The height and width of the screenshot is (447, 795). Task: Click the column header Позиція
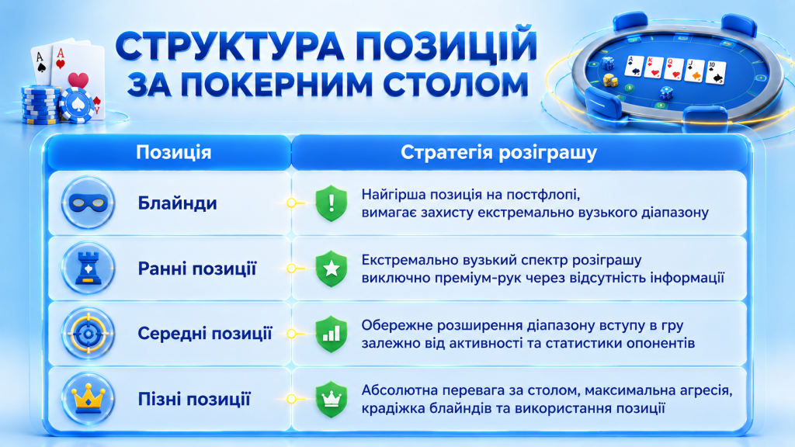pyautogui.click(x=173, y=153)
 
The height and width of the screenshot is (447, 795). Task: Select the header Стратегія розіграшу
pyautogui.click(x=499, y=153)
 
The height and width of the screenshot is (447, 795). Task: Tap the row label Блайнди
pyautogui.click(x=178, y=203)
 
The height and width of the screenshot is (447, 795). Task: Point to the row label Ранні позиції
pyautogui.click(x=196, y=269)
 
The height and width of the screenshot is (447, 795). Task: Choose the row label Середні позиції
pyautogui.click(x=205, y=334)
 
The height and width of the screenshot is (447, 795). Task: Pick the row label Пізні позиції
pyautogui.click(x=194, y=399)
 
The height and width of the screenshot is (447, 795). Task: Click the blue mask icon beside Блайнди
pyautogui.click(x=89, y=203)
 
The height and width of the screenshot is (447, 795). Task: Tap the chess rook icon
pyautogui.click(x=89, y=268)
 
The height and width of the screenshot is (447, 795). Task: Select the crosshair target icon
pyautogui.click(x=89, y=334)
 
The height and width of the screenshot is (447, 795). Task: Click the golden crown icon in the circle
pyautogui.click(x=89, y=399)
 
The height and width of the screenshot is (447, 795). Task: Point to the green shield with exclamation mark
pyautogui.click(x=331, y=203)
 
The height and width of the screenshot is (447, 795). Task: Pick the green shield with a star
pyautogui.click(x=331, y=269)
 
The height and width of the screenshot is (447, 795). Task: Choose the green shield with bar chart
pyautogui.click(x=331, y=334)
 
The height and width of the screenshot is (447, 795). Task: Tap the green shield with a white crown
pyautogui.click(x=331, y=400)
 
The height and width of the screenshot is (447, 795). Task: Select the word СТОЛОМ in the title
pyautogui.click(x=456, y=84)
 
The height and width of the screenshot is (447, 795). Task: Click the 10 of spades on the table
pyautogui.click(x=716, y=72)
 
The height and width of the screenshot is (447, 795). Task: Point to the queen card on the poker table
pyautogui.click(x=675, y=69)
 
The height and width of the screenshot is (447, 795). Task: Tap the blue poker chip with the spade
pyautogui.click(x=76, y=105)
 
